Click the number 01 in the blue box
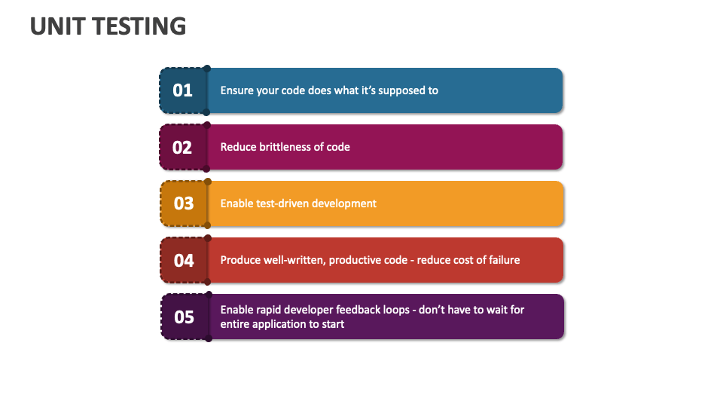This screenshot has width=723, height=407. (x=182, y=90)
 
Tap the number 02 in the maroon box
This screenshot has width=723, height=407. (x=182, y=148)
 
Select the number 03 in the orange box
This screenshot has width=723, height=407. (x=184, y=203)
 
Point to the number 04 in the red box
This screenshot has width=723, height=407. (x=184, y=261)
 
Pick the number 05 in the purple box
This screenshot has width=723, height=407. (x=184, y=317)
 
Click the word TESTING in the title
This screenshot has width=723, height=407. (x=140, y=26)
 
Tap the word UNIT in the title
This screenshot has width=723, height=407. (x=58, y=26)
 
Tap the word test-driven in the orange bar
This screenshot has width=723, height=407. (x=280, y=203)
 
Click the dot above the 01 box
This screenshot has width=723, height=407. (x=207, y=69)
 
